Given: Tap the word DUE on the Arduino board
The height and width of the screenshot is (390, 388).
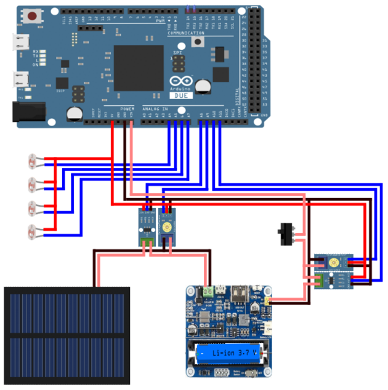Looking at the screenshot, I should click(181, 96).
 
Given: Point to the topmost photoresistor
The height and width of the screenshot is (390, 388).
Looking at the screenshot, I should click(31, 162).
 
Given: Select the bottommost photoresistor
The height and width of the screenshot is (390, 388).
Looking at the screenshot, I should click(31, 232).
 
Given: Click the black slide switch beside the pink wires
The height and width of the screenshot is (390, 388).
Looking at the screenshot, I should click(285, 234).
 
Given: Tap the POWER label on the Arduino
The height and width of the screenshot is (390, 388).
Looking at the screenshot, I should click(127, 108).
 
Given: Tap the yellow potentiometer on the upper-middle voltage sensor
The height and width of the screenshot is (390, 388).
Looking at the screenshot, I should click(166, 227).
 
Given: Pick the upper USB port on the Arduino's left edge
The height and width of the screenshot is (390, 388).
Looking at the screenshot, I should click(22, 42).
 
